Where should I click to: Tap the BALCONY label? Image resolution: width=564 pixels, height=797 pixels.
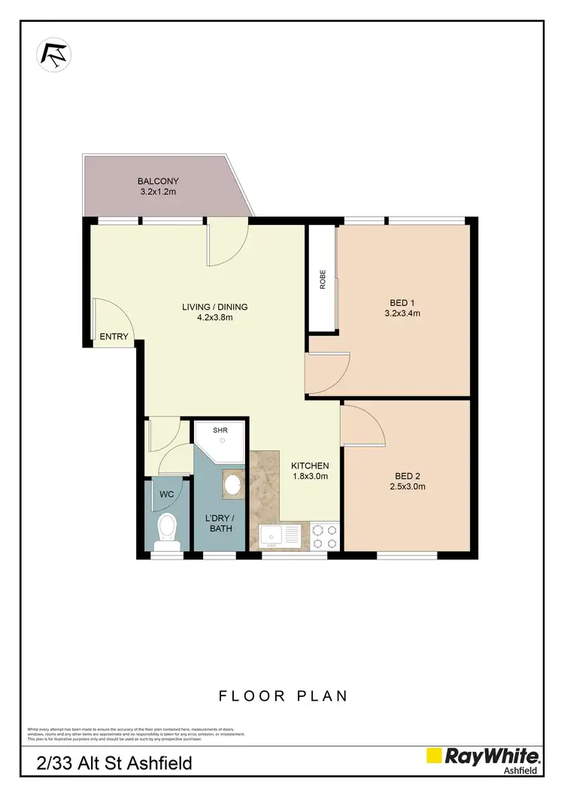pos(158,181)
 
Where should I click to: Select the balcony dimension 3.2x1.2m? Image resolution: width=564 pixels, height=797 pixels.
pos(158,192)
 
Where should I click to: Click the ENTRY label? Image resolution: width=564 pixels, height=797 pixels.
pos(114,337)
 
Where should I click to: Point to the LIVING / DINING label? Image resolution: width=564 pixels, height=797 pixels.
pos(215,307)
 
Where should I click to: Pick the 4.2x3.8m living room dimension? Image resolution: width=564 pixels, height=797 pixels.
pos(215,317)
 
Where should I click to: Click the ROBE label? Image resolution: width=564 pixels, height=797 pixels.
pos(323,280)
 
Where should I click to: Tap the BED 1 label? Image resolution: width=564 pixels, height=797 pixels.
pos(399,303)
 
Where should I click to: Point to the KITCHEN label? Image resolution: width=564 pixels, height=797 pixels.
pos(310,466)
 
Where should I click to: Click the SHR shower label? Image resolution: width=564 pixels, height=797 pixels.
pos(220,431)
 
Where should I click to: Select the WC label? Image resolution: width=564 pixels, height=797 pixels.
pos(167,494)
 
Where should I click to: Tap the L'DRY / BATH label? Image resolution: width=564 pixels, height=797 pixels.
pos(219,523)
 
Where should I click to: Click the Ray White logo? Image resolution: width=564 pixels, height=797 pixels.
pos(484,758)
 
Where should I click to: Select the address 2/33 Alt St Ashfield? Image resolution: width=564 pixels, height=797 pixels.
pos(114,764)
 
